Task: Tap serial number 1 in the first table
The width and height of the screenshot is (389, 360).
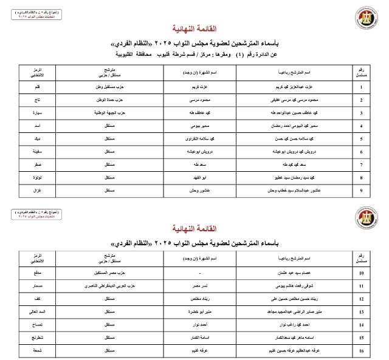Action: coord(362,86)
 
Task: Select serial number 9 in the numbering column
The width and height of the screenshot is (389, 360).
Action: coord(362,191)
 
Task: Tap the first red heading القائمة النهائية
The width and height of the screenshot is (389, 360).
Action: coord(194,29)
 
